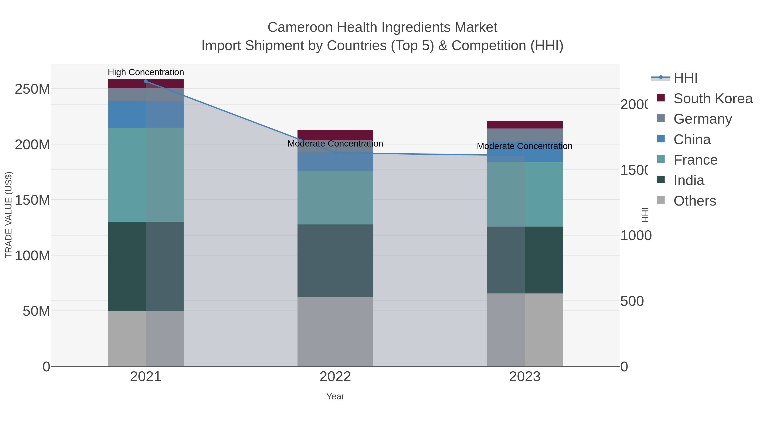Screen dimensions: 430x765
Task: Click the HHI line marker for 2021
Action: (146, 81)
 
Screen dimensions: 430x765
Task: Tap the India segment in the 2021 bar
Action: (146, 266)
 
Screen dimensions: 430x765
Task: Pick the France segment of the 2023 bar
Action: (524, 194)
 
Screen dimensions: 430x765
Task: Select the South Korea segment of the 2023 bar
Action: (524, 125)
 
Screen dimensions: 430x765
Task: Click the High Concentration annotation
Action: (146, 72)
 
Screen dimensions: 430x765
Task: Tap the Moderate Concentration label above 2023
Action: (524, 146)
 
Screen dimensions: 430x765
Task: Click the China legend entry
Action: (692, 140)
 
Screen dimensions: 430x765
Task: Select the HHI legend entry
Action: (685, 78)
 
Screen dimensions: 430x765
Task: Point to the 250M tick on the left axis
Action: (32, 89)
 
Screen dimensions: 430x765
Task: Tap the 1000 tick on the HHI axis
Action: (636, 236)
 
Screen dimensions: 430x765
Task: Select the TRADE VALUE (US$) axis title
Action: (9, 215)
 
